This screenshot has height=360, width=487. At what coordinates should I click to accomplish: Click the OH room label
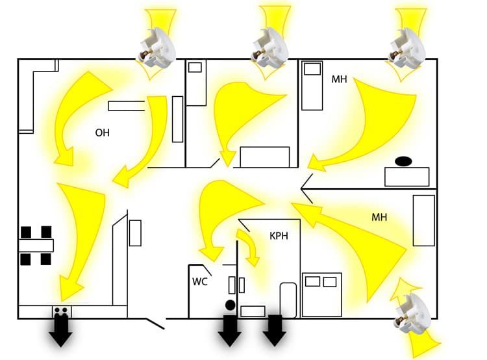pyautogui.click(x=103, y=133)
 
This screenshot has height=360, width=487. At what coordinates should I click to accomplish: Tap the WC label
pyautogui.click(x=199, y=282)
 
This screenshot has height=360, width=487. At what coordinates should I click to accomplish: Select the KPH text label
pyautogui.click(x=279, y=236)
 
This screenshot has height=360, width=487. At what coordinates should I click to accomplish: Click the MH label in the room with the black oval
pyautogui.click(x=339, y=79)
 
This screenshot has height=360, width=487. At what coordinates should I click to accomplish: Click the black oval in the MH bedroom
pyautogui.click(x=403, y=160)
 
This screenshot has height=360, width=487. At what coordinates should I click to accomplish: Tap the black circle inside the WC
pyautogui.click(x=230, y=304)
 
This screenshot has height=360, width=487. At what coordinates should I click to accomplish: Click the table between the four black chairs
pyautogui.click(x=36, y=246)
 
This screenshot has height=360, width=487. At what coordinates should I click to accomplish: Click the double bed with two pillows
pyautogui.click(x=321, y=294)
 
